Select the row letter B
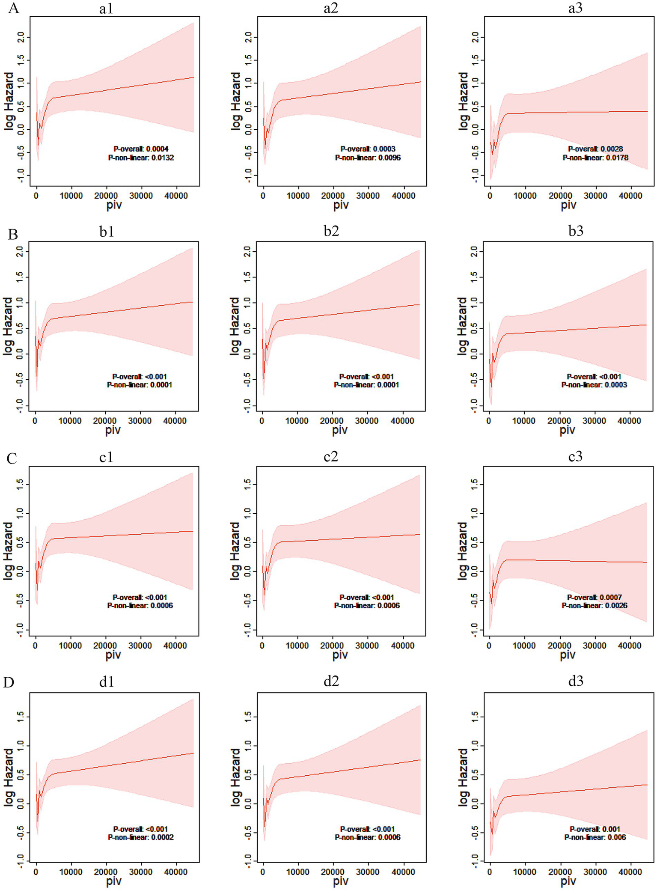12,234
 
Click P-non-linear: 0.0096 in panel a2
368,158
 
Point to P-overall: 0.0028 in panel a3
595,149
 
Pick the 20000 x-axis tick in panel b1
105,421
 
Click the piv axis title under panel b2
340,430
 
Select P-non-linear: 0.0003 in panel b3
595,385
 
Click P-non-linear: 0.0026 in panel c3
595,606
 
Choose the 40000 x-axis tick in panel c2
403,645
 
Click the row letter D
9,682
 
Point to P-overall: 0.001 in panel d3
595,829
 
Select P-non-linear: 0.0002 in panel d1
141,837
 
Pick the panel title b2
331,231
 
